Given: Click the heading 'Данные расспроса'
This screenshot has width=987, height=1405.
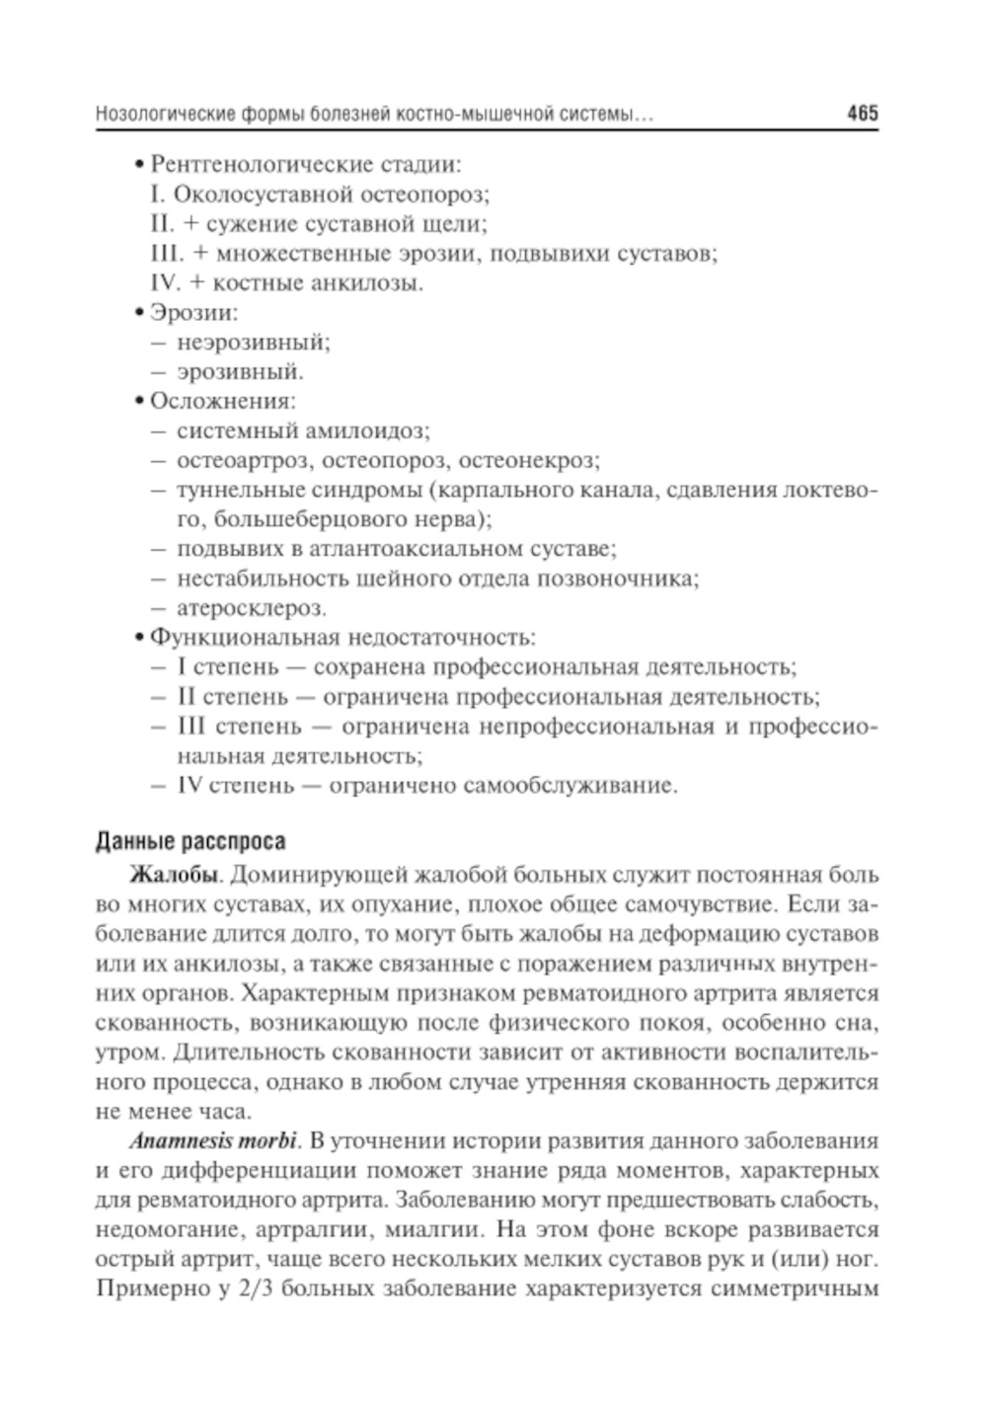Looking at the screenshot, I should click(x=190, y=841).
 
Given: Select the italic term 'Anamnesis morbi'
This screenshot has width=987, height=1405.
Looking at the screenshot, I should click(x=212, y=1141).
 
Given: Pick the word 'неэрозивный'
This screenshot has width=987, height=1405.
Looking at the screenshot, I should click(x=253, y=343).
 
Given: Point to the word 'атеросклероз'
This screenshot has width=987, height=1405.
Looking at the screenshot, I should click(x=251, y=608).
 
